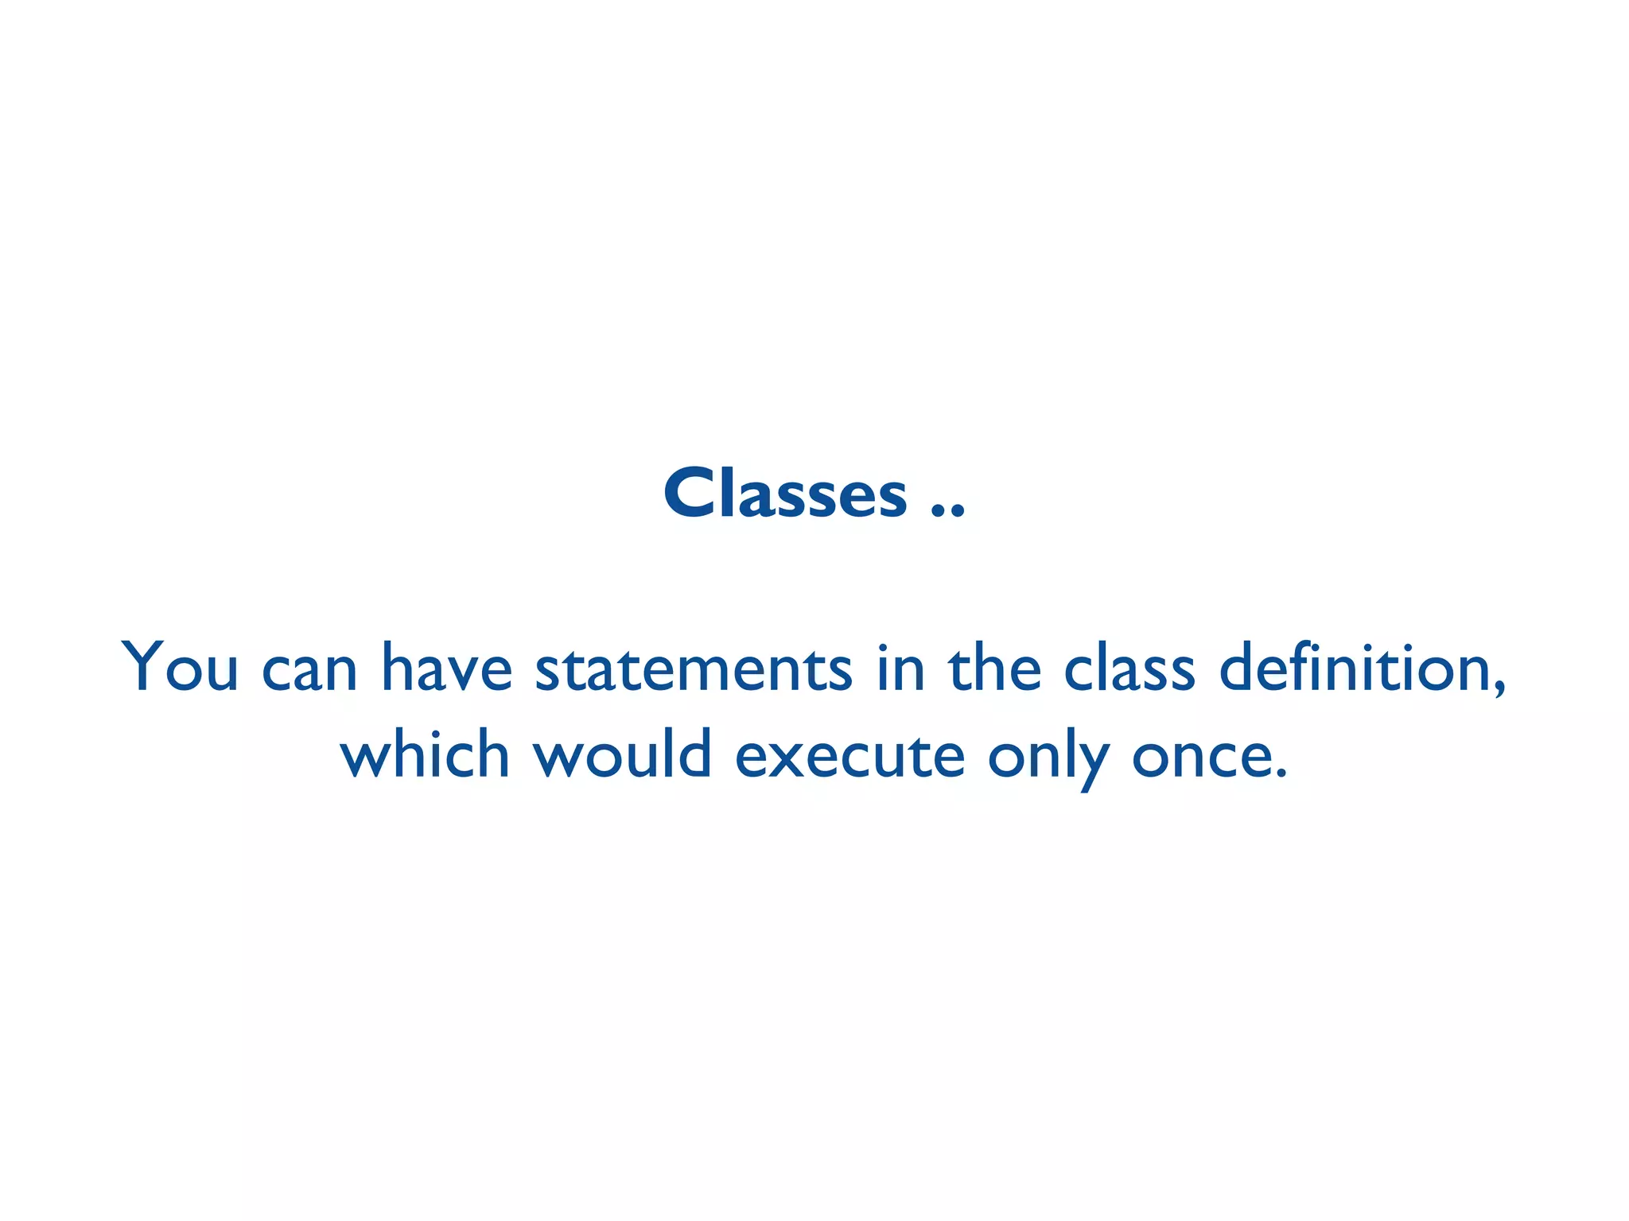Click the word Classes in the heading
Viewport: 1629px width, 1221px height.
(x=785, y=494)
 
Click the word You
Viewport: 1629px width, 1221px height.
(x=180, y=667)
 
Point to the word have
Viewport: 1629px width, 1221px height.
(x=447, y=667)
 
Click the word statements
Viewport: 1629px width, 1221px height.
(x=694, y=669)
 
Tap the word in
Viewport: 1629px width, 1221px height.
(x=901, y=667)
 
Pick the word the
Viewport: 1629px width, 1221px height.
(x=994, y=667)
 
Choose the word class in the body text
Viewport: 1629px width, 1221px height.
(x=1129, y=667)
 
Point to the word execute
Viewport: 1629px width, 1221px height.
(x=849, y=755)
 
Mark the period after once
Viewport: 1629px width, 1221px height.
(x=1280, y=772)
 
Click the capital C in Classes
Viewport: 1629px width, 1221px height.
(x=690, y=494)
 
